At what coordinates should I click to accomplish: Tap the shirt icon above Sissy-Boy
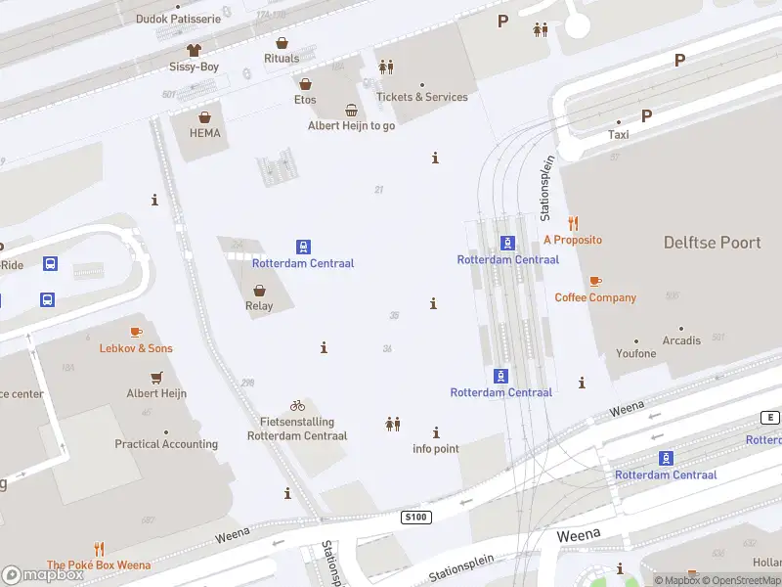click(194, 49)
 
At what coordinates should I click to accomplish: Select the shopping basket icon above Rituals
click(282, 43)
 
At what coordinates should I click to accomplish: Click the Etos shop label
click(305, 100)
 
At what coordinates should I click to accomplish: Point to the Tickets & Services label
click(422, 97)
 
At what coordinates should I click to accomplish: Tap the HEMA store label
click(205, 133)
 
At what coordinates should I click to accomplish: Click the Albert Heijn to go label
click(351, 126)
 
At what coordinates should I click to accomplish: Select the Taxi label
click(619, 135)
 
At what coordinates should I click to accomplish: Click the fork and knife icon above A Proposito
click(573, 223)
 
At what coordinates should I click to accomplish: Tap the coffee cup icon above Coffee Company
click(595, 281)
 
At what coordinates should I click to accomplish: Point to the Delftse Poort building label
click(712, 243)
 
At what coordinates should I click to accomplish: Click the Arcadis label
click(681, 340)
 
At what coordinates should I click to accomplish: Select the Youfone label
click(636, 353)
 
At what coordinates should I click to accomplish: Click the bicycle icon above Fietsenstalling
click(297, 405)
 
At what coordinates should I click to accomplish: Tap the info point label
click(436, 449)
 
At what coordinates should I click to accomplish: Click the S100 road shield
click(415, 516)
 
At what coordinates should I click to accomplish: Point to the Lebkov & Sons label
click(136, 348)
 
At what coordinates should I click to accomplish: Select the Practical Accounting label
click(166, 444)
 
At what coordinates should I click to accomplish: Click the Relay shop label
click(259, 305)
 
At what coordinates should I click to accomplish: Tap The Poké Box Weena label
click(99, 564)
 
